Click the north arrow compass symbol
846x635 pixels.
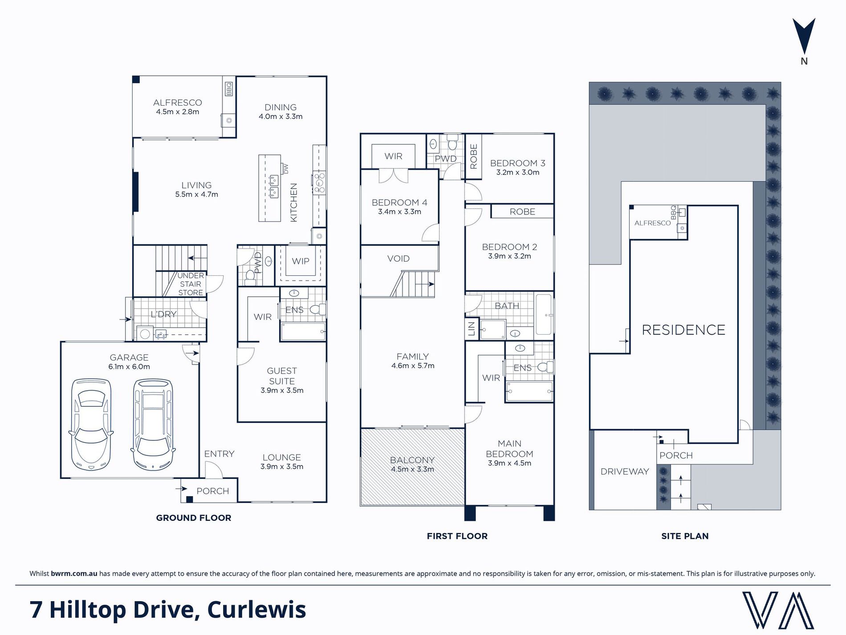point(804,37)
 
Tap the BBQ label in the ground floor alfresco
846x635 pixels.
point(229,89)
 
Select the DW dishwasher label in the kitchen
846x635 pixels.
point(286,169)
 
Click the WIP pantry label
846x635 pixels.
point(301,261)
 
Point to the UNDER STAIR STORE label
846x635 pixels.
point(191,284)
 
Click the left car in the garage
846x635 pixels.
point(91,424)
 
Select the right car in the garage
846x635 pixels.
point(153,424)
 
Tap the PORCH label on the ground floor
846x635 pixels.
point(213,491)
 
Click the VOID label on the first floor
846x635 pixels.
point(398,258)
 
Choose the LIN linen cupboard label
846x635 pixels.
point(472,328)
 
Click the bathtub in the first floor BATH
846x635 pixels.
point(544,315)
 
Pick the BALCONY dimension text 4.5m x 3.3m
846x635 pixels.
point(412,469)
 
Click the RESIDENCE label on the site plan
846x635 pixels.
point(683,330)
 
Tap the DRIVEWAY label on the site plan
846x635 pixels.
point(625,471)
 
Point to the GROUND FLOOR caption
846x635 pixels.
point(194,518)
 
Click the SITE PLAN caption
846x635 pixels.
point(685,536)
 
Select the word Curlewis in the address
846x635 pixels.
point(256,610)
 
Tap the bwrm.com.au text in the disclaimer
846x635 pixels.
point(74,574)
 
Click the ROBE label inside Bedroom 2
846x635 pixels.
point(522,212)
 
